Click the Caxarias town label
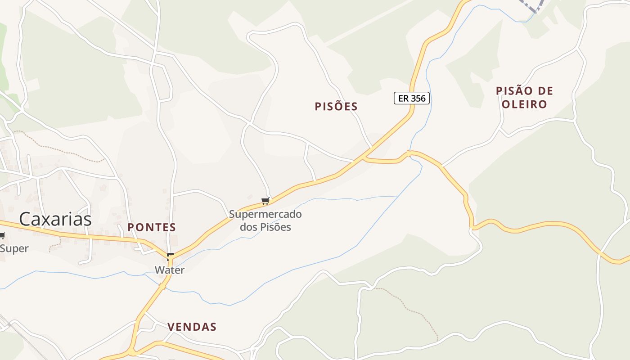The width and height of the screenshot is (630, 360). click(55, 219)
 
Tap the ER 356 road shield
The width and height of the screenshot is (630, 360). click(412, 98)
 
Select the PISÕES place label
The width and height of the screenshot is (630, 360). click(336, 107)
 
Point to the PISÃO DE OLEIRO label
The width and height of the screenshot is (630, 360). click(524, 98)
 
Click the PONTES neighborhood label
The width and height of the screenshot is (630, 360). click(152, 227)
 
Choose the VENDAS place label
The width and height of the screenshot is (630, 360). click(192, 327)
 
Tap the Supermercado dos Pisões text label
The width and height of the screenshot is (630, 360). click(265, 220)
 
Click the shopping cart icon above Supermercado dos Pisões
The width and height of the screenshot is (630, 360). click(265, 201)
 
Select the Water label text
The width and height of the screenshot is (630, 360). click(170, 270)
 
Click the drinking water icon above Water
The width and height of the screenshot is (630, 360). click(170, 257)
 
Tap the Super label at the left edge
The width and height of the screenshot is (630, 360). click(14, 248)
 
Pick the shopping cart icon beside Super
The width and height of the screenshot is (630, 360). click(2, 235)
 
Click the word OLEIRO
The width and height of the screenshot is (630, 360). click(524, 104)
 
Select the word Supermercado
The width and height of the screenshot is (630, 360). click(265, 214)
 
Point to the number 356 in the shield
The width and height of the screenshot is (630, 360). click(418, 98)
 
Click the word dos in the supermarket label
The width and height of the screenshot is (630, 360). click(248, 227)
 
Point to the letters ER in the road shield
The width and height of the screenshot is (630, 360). click(403, 98)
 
